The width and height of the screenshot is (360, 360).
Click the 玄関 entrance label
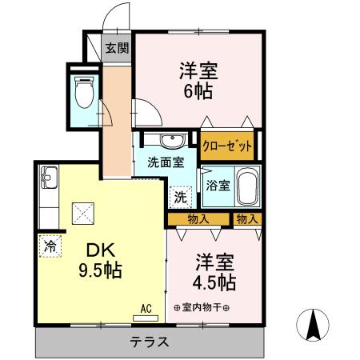point(117,48)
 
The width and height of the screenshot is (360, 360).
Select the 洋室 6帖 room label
point(195,79)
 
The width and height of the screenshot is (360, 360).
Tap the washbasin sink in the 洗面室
point(171,142)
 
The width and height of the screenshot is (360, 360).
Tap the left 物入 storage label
point(198,218)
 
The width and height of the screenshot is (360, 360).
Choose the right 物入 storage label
point(247,218)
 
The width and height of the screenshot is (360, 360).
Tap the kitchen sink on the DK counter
point(48,177)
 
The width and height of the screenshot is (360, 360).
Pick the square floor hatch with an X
point(84,212)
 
